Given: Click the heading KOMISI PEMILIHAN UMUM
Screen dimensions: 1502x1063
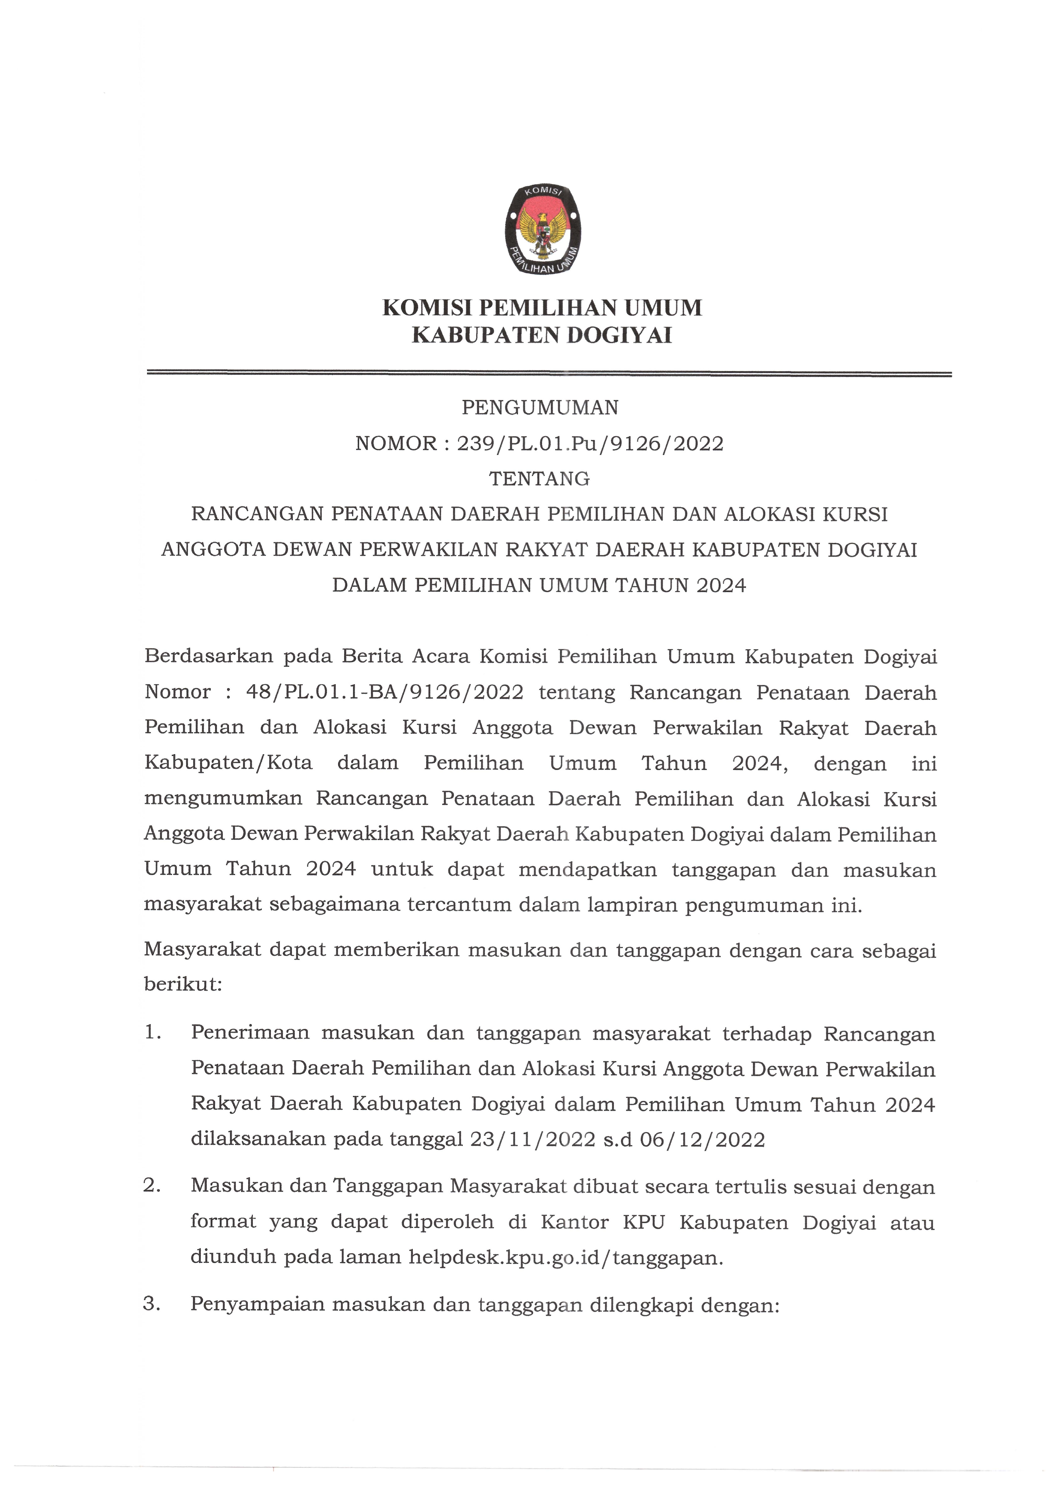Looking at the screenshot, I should pyautogui.click(x=542, y=308).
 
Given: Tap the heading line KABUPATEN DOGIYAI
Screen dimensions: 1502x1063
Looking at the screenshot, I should pyautogui.click(x=542, y=336).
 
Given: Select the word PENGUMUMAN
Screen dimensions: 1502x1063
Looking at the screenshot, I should pyautogui.click(x=540, y=408).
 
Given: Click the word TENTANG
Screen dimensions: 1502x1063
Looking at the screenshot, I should pyautogui.click(x=540, y=479).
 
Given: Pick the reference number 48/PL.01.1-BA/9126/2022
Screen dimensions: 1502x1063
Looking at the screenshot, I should pyautogui.click(x=385, y=692).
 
